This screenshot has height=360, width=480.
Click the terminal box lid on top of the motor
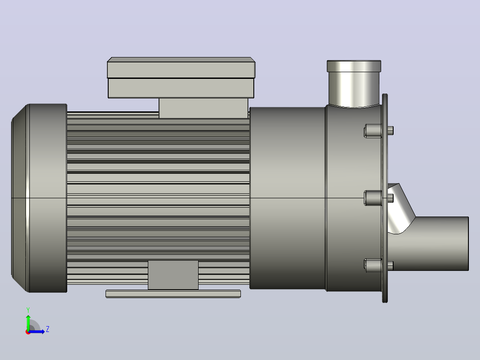(181, 68)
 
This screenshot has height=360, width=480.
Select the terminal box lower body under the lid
(181, 88)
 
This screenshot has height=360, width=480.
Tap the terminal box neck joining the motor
(203, 108)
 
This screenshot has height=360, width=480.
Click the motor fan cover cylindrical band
(48, 198)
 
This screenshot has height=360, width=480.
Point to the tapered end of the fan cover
(20, 198)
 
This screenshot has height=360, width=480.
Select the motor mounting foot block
(173, 275)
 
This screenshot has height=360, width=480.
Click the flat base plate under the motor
(173, 294)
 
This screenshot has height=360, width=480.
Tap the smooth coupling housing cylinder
(288, 198)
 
